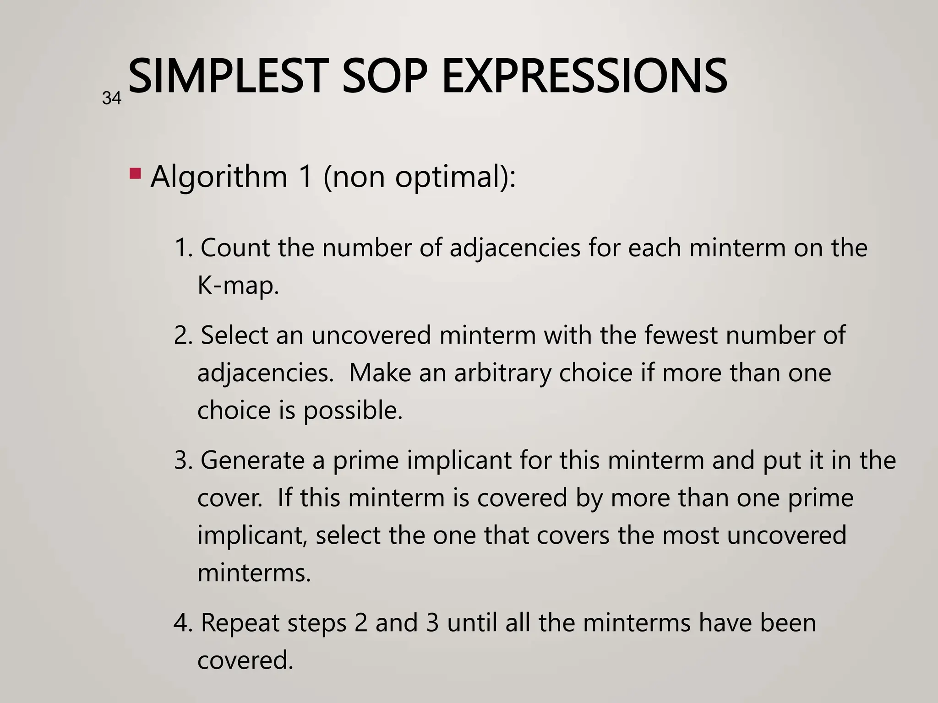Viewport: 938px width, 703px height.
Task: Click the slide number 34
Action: point(112,98)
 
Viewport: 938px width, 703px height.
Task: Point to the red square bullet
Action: point(135,173)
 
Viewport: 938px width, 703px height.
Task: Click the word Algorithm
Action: point(219,176)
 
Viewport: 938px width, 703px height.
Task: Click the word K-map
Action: point(238,286)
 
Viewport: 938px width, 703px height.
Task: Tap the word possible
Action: point(353,411)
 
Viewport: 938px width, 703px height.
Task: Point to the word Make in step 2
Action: point(380,373)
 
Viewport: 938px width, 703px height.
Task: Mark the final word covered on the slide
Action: point(245,660)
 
